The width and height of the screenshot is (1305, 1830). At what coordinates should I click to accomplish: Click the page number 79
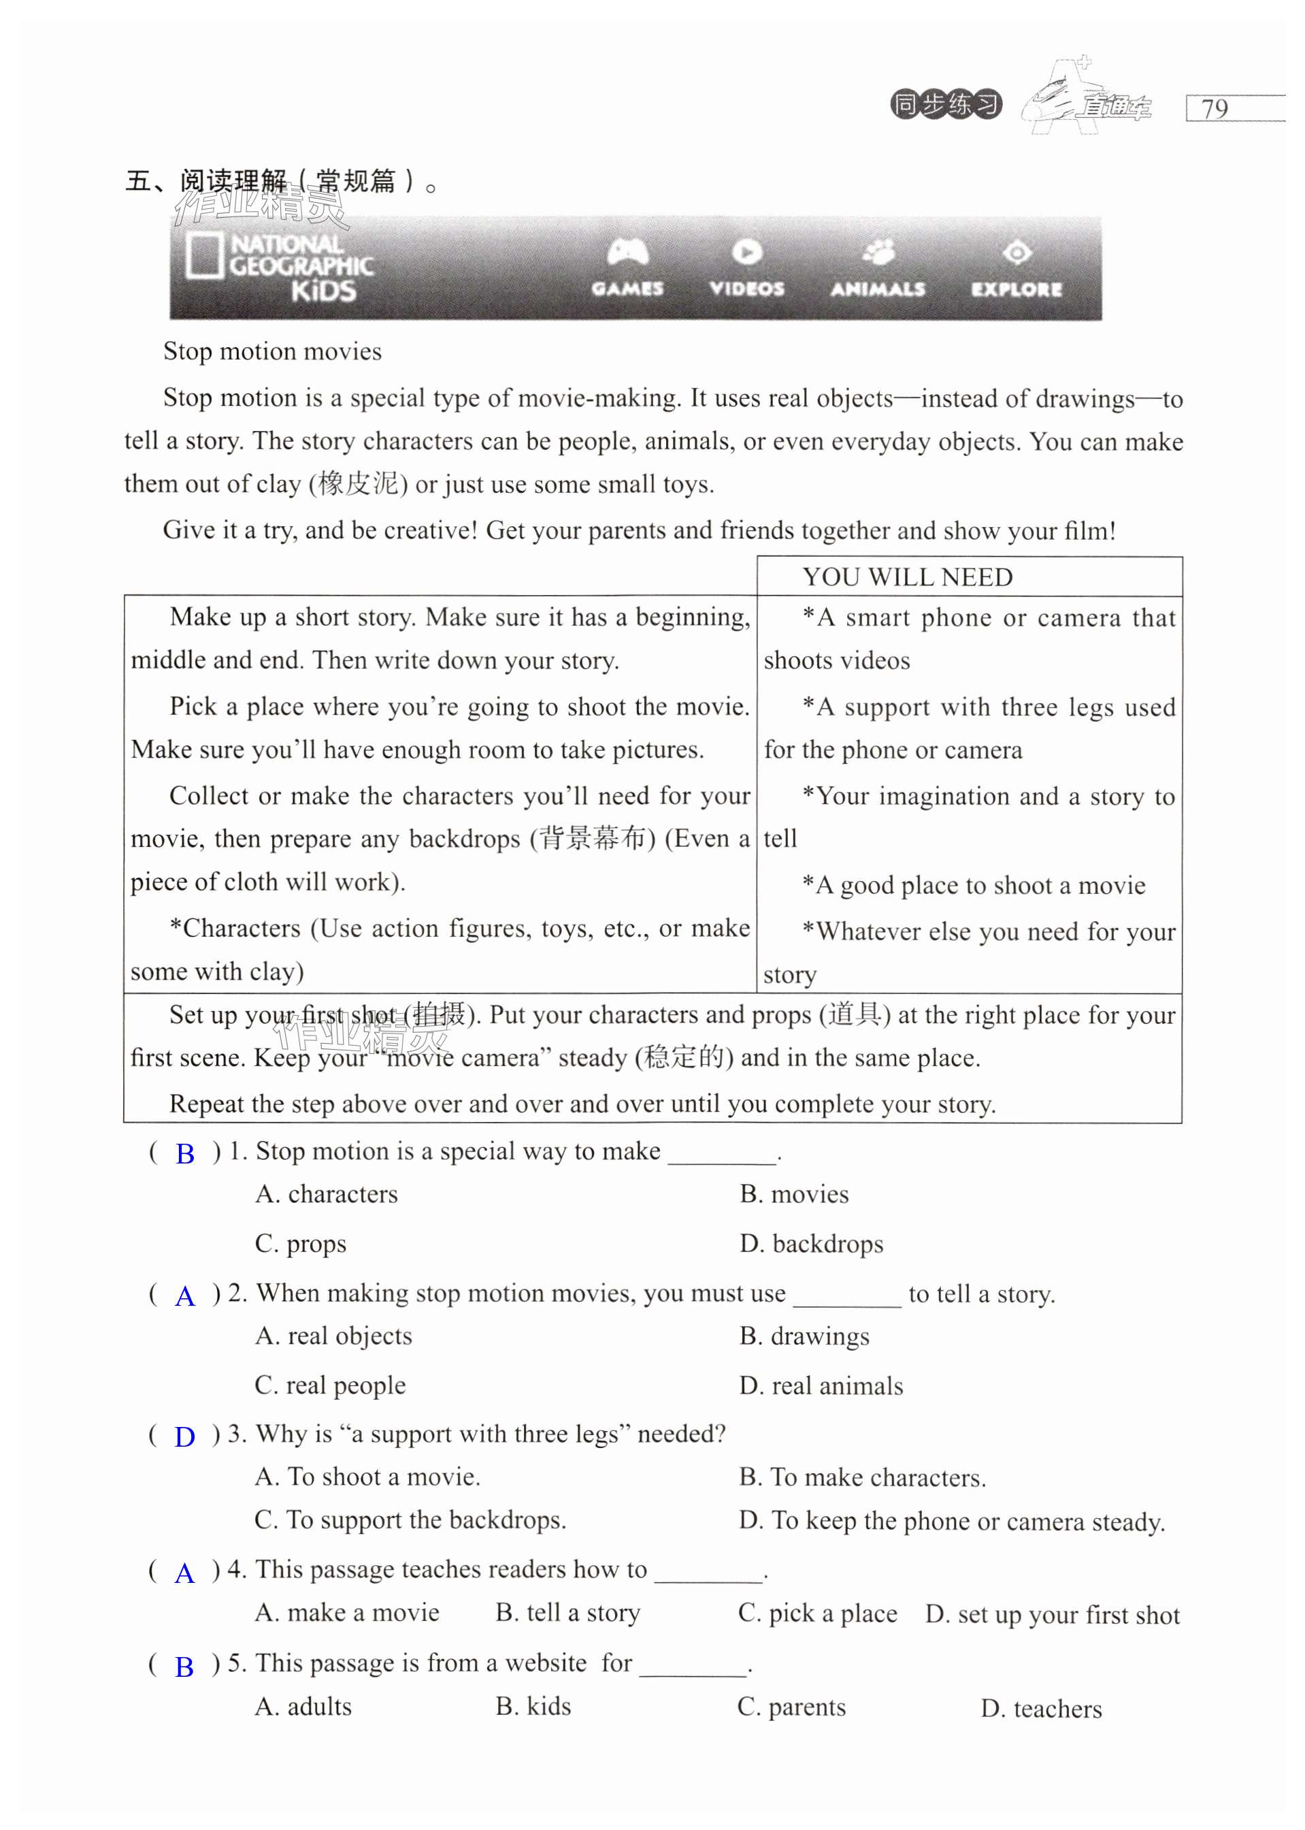pos(1215,108)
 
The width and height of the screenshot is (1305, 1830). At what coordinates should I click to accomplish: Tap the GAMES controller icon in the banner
pos(627,253)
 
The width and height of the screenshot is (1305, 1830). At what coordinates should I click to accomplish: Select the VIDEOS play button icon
pos(746,253)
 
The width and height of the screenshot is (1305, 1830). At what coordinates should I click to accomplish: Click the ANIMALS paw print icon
pos(878,253)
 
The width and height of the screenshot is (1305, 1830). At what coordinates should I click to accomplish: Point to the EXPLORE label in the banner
pos(1017,289)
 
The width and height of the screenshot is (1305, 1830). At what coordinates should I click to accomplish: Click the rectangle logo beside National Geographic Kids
pos(203,257)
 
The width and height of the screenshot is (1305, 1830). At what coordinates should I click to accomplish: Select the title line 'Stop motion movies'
pos(272,351)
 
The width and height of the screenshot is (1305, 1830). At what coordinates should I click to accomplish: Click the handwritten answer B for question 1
pos(185,1154)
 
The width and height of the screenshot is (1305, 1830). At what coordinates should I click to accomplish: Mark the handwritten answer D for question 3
pos(185,1436)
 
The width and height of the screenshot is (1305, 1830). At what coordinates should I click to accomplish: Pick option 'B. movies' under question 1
pos(794,1194)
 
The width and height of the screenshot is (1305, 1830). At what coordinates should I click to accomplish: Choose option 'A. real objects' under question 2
pos(333,1336)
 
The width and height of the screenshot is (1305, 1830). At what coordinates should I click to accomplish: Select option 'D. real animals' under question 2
pos(821,1385)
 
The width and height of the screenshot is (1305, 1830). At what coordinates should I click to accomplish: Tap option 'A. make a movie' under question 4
pos(347,1613)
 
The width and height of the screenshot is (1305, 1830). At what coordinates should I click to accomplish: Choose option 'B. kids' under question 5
pos(533,1706)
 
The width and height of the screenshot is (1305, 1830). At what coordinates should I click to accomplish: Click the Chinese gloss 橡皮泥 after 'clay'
pos(359,484)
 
